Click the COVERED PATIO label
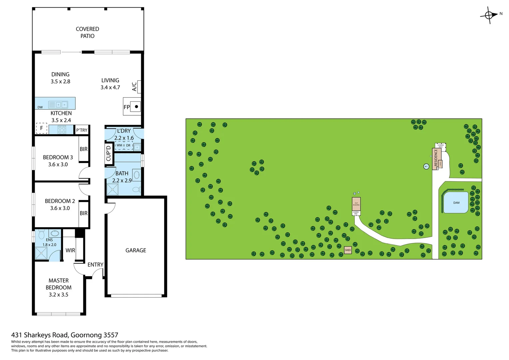click(87, 32)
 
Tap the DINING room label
click(60, 74)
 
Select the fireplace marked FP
click(132, 107)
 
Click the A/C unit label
click(134, 87)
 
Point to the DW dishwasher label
click(40, 107)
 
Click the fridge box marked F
click(42, 128)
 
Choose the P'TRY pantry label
click(82, 130)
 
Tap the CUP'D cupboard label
click(108, 153)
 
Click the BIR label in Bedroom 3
click(84, 149)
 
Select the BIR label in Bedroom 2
click(84, 213)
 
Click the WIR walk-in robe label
click(70, 250)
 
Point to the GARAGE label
click(136, 250)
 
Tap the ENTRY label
click(95, 265)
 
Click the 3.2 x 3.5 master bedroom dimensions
click(58, 295)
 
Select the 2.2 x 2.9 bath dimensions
click(122, 181)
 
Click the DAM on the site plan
click(456, 203)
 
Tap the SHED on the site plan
click(348, 250)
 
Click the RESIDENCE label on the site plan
click(436, 158)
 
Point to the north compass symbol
click(489, 15)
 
